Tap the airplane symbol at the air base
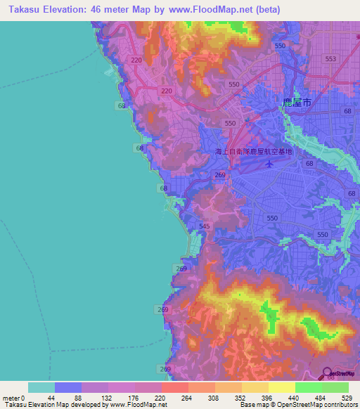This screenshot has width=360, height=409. click(x=269, y=164)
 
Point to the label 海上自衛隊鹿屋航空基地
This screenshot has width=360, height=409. click(x=253, y=152)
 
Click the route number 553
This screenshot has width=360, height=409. click(x=331, y=59)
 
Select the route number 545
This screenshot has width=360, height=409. click(x=205, y=226)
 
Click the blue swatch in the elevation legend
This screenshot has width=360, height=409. click(x=68, y=387)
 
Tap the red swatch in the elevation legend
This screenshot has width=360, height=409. click(x=174, y=387)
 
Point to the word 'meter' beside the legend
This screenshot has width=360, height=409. click(x=11, y=398)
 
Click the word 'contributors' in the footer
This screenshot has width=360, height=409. click(x=336, y=405)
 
